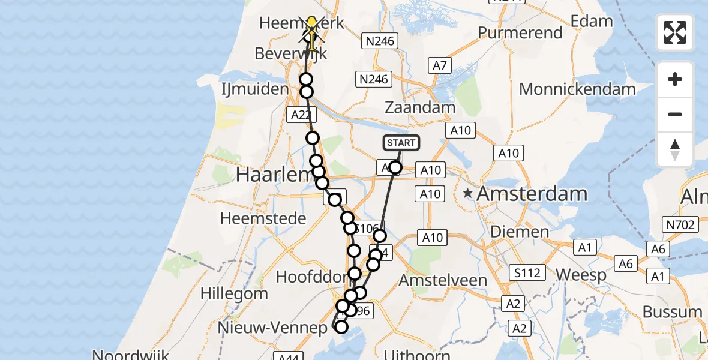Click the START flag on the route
coord(401,143)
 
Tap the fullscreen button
coord(675,32)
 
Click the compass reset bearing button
coord(675,149)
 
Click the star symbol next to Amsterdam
coord(468,194)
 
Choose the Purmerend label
coord(520,32)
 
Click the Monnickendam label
coord(577,89)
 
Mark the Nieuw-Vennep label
coord(281,328)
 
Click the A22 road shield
coord(299,115)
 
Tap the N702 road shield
coord(680,225)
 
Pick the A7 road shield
coord(440,65)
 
